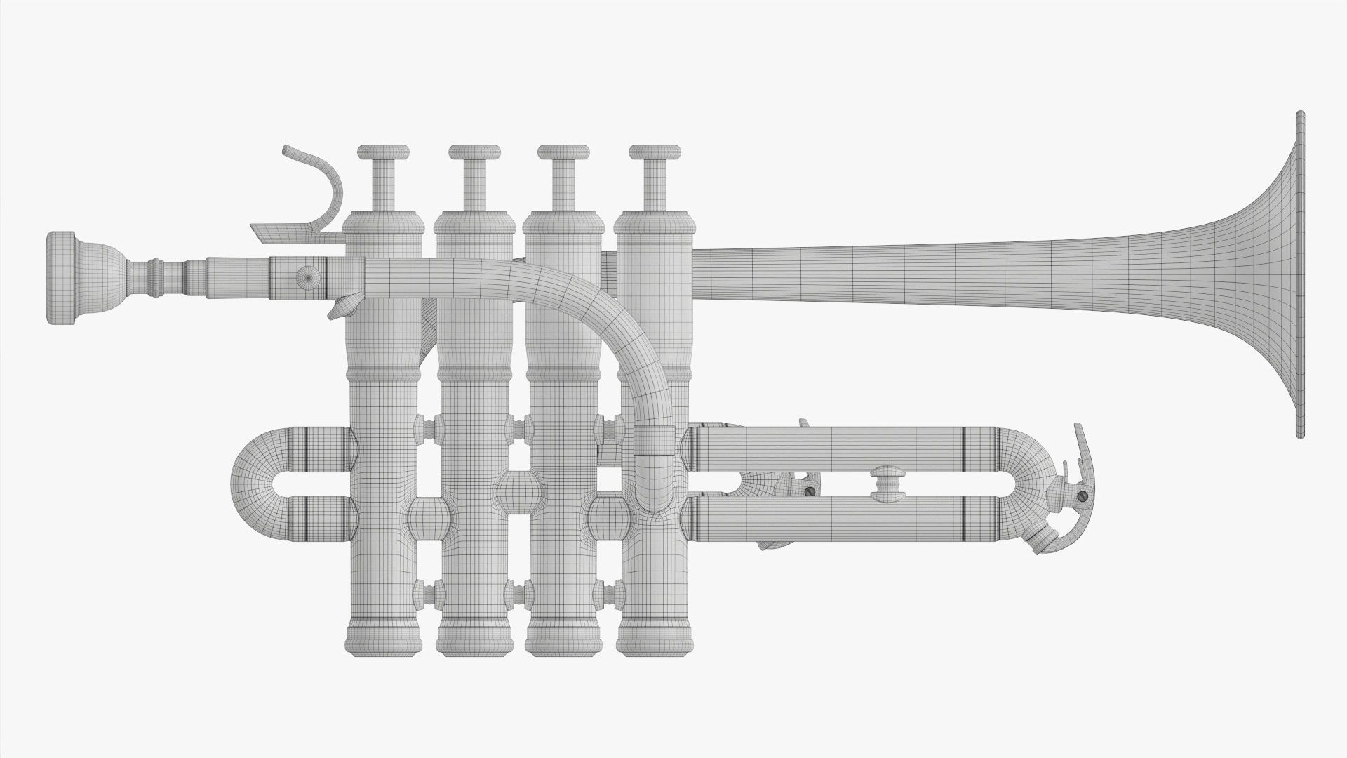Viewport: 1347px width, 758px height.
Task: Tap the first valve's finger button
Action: click(383, 152)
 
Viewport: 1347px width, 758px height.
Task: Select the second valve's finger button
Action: click(474, 152)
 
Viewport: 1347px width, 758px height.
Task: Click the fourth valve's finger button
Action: click(655, 152)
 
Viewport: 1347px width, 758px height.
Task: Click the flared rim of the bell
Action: click(1300, 274)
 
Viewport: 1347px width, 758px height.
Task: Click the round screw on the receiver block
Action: click(307, 278)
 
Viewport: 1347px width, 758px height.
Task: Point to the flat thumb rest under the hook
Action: click(281, 232)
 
